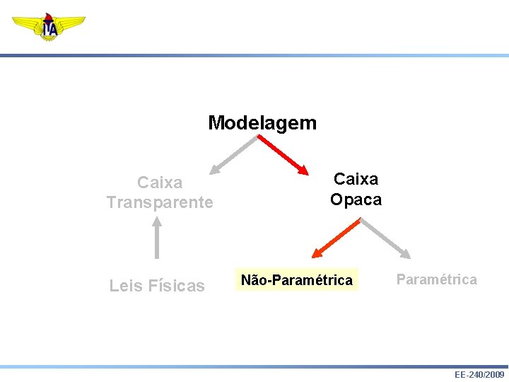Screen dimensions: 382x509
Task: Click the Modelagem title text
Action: coord(262,123)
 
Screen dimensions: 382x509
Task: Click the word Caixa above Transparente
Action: coord(160,183)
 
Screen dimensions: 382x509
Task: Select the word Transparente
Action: coord(160,202)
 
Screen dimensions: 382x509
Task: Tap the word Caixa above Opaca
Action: coord(356,180)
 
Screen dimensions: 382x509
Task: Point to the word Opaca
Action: coord(356,199)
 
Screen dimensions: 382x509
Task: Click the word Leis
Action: coord(124,286)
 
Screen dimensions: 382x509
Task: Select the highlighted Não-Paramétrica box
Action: coord(296,280)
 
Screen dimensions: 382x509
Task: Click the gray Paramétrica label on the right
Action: coord(436,279)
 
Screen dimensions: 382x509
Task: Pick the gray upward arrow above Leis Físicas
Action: coord(157,238)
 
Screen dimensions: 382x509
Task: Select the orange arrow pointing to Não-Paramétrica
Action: coord(337,237)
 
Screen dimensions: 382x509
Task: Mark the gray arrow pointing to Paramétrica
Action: coord(385,238)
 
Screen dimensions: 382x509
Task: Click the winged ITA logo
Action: coord(49,27)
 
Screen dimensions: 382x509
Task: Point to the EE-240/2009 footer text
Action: coord(479,374)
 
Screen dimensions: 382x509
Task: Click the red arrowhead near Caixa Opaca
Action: coord(303,170)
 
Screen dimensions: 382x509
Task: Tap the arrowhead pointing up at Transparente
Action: coord(157,221)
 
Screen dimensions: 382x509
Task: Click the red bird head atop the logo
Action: coord(49,16)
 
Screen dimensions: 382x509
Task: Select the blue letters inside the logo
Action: coord(49,29)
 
